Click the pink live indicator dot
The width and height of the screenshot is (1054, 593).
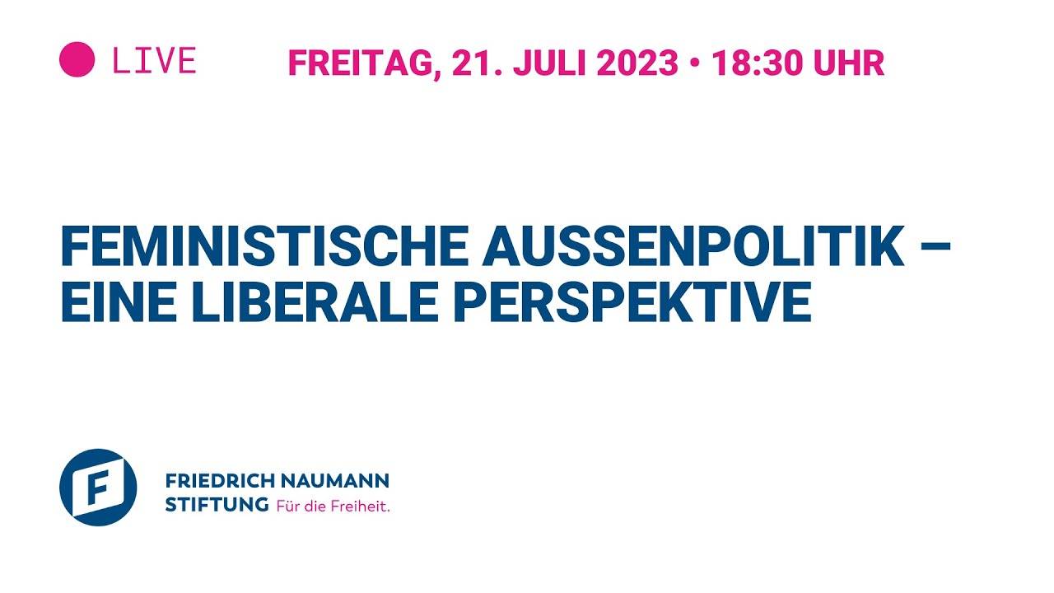[77, 60]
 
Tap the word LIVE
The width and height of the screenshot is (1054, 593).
[154, 61]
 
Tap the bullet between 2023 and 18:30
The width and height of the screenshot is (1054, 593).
[695, 63]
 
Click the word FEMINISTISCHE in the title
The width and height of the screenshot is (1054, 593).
[265, 247]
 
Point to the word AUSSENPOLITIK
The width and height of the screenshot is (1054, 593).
[693, 247]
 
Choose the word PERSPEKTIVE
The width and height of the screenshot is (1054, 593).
[632, 301]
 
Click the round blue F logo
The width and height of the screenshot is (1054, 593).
[98, 488]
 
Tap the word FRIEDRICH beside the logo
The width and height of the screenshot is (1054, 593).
[216, 480]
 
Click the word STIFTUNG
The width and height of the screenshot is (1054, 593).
[217, 505]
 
